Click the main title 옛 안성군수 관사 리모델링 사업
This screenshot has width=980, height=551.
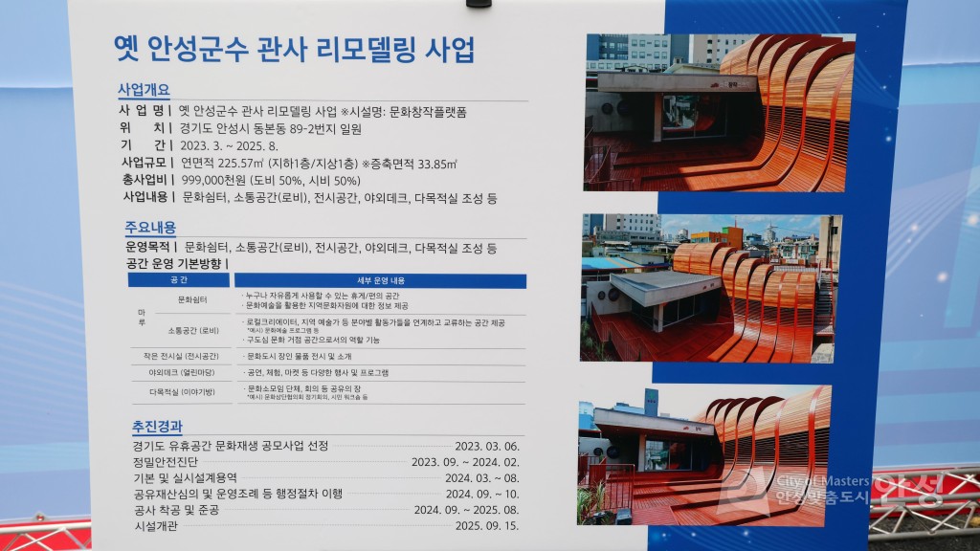point(294,49)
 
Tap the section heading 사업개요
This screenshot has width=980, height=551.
point(144,90)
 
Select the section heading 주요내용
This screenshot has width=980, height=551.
point(150,229)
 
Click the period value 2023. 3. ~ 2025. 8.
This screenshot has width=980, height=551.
point(229,145)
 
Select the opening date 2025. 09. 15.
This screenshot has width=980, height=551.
point(487,526)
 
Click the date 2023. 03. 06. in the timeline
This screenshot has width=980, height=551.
point(487,447)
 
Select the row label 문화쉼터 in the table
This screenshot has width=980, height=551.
point(192,299)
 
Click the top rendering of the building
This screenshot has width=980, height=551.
point(719,113)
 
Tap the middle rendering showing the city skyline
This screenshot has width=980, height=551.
point(711,286)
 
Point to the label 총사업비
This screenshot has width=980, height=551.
point(146,181)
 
